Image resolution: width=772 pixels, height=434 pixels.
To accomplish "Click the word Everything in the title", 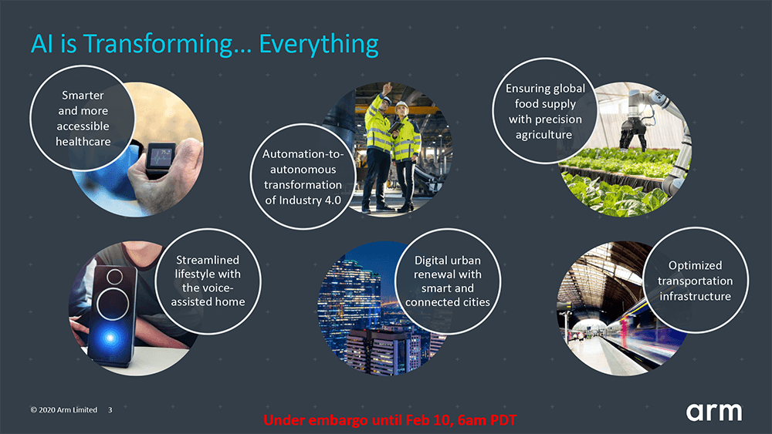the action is click(x=319, y=44).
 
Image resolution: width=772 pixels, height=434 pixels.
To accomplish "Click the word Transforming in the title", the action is click(x=157, y=44).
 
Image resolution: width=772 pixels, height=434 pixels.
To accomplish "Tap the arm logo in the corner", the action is click(x=714, y=412).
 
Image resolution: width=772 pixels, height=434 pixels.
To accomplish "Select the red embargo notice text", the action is click(x=390, y=420).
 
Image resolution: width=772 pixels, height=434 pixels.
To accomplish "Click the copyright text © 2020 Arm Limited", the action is click(x=64, y=409).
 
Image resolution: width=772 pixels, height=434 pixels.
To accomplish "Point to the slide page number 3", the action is click(x=110, y=409).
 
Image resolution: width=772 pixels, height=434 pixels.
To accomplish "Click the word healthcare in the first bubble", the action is click(x=83, y=142).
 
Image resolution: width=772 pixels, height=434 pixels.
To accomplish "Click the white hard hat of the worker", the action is click(x=401, y=106).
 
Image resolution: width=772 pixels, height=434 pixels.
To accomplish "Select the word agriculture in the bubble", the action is click(x=543, y=135).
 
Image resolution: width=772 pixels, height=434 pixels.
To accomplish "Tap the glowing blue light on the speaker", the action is click(x=110, y=337).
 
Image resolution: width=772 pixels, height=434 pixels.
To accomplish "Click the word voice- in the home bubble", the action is click(x=208, y=288).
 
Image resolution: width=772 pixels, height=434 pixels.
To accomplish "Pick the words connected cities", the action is click(x=448, y=302).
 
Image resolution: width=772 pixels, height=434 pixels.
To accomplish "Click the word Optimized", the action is click(x=696, y=266).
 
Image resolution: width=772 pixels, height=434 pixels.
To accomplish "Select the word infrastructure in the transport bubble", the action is click(x=696, y=296).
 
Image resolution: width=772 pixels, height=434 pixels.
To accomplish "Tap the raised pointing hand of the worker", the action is click(x=388, y=88).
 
